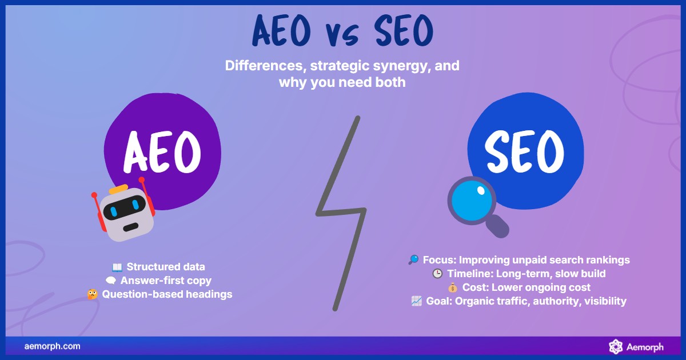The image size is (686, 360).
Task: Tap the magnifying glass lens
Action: (x=472, y=201)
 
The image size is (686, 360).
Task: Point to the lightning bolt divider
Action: (x=341, y=213)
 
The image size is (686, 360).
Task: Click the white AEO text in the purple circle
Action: (x=162, y=152)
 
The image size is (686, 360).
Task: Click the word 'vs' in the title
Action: (x=342, y=35)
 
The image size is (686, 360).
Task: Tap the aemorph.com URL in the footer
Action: (x=53, y=346)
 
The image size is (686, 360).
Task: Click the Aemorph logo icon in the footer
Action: (x=616, y=346)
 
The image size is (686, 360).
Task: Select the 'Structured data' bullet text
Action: (x=166, y=267)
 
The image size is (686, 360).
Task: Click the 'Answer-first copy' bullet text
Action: (x=166, y=281)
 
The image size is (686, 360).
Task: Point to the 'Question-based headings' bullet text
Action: (x=167, y=294)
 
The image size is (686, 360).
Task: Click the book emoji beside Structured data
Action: (x=117, y=267)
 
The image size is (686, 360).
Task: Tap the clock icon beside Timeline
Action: (x=437, y=273)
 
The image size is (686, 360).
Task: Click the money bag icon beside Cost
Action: (x=452, y=288)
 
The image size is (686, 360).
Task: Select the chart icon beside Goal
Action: (x=417, y=301)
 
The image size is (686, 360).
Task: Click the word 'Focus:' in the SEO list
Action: (x=440, y=260)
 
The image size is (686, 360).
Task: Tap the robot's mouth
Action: (x=131, y=227)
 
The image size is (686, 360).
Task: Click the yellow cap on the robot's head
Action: (x=118, y=189)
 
